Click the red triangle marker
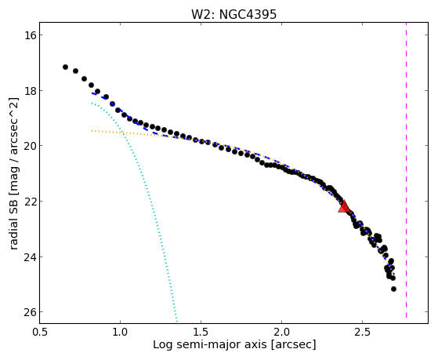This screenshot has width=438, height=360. [x=344, y=207]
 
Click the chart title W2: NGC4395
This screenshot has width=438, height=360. [x=233, y=15]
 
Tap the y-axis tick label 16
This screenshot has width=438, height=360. [x=27, y=35]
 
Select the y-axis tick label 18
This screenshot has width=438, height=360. [x=27, y=91]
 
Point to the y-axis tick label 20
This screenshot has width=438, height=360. [x=27, y=146]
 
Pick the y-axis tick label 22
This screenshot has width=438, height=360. [x=27, y=202]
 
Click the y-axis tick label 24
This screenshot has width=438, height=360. [x=27, y=256]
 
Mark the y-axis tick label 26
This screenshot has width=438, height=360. [x=27, y=312]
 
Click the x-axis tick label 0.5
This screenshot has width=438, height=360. [x=40, y=332]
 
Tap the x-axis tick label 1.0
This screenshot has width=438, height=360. [x=120, y=332]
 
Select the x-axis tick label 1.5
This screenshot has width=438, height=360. [x=201, y=332]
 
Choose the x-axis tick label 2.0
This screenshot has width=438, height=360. [x=281, y=332]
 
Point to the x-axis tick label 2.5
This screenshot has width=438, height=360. [x=362, y=332]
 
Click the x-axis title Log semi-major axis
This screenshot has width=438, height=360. [x=210, y=344]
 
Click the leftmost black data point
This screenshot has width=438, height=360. [x=65, y=67]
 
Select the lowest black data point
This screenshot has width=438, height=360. [x=393, y=289]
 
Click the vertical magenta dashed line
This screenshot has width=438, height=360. [x=406, y=170]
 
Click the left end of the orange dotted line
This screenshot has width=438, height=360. [x=92, y=131]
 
